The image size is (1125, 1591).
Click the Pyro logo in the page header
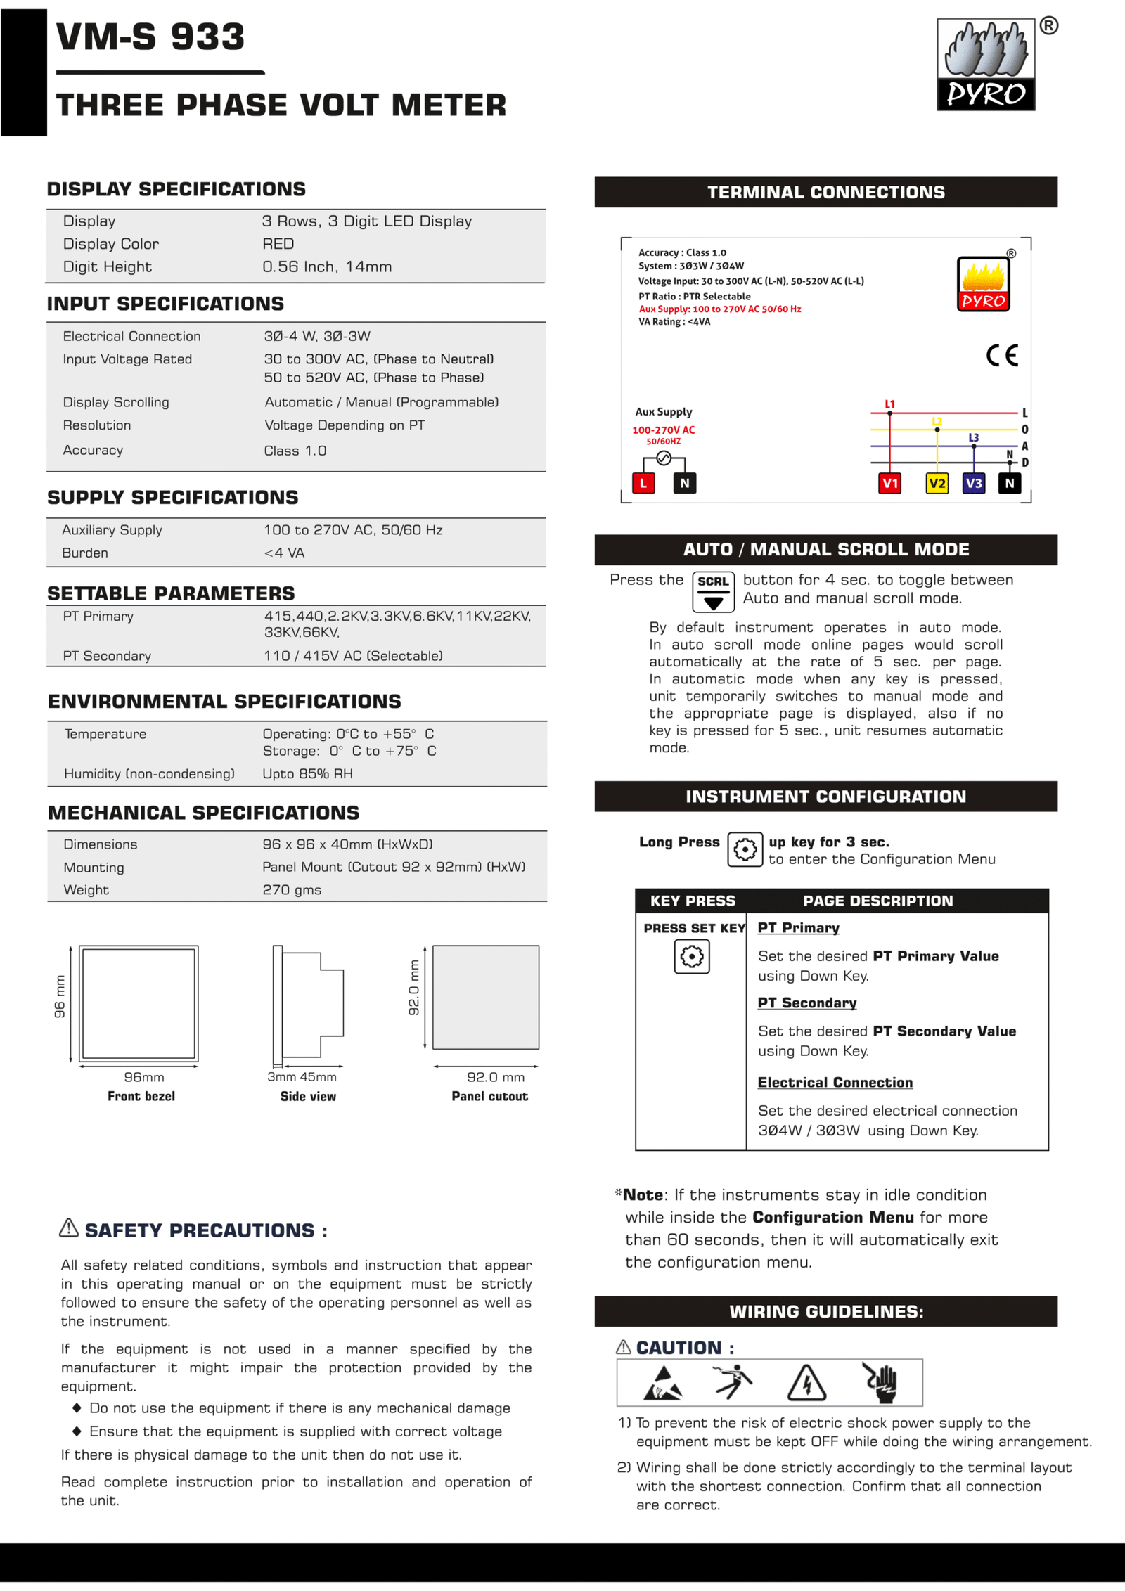tap(986, 65)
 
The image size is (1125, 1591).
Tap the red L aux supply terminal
tap(643, 483)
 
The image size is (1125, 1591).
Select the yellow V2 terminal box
tap(937, 483)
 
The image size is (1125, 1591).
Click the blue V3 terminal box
tap(973, 483)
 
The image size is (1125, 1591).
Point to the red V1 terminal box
tap(890, 483)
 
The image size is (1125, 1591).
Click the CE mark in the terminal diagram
tap(1002, 355)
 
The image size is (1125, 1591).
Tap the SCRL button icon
tap(713, 591)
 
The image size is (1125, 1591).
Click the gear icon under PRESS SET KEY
tap(692, 957)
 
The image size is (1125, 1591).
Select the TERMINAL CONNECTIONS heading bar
tap(825, 192)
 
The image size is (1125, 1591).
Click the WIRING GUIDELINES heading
tap(825, 1311)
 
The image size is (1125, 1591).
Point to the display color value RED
tap(278, 244)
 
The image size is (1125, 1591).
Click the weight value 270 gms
tap(292, 890)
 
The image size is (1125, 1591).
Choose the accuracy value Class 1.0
tap(295, 451)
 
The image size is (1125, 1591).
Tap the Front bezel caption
tap(141, 1096)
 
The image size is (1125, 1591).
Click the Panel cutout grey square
tap(486, 997)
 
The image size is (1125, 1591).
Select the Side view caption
tap(308, 1096)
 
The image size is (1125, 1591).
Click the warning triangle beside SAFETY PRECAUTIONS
tap(69, 1228)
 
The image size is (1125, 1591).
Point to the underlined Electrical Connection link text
tap(835, 1083)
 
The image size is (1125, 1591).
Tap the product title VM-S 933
tap(150, 37)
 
